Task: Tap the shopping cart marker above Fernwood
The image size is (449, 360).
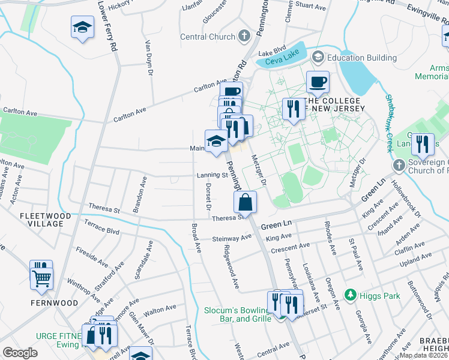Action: pyautogui.click(x=42, y=277)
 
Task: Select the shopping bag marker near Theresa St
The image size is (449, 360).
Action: pyautogui.click(x=246, y=202)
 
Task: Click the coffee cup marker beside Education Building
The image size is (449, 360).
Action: pyautogui.click(x=318, y=82)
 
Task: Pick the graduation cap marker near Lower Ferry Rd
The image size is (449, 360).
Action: pyautogui.click(x=82, y=27)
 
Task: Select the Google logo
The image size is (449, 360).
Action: pyautogui.click(x=20, y=353)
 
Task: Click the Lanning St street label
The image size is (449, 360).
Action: pyautogui.click(x=212, y=176)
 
